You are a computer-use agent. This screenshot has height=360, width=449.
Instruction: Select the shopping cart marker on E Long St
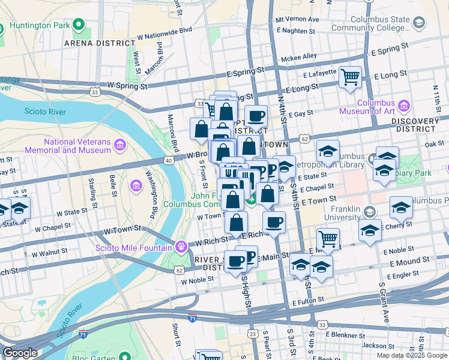pyautogui.click(x=350, y=77)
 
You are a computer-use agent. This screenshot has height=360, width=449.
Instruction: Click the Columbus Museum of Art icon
pyautogui.click(x=403, y=106)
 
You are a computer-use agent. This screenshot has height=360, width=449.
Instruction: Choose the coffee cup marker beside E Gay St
pyautogui.click(x=256, y=116)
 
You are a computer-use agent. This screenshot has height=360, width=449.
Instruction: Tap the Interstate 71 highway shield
pyautogui.click(x=191, y=318)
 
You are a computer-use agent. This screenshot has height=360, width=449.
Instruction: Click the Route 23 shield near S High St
pyautogui.click(x=253, y=333)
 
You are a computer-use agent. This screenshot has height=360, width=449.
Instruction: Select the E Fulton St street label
pyautogui.click(x=309, y=298)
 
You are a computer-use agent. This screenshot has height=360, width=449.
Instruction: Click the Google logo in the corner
pyautogui.click(x=20, y=353)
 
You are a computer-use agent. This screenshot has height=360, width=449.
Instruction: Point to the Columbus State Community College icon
pyautogui.click(x=418, y=22)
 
